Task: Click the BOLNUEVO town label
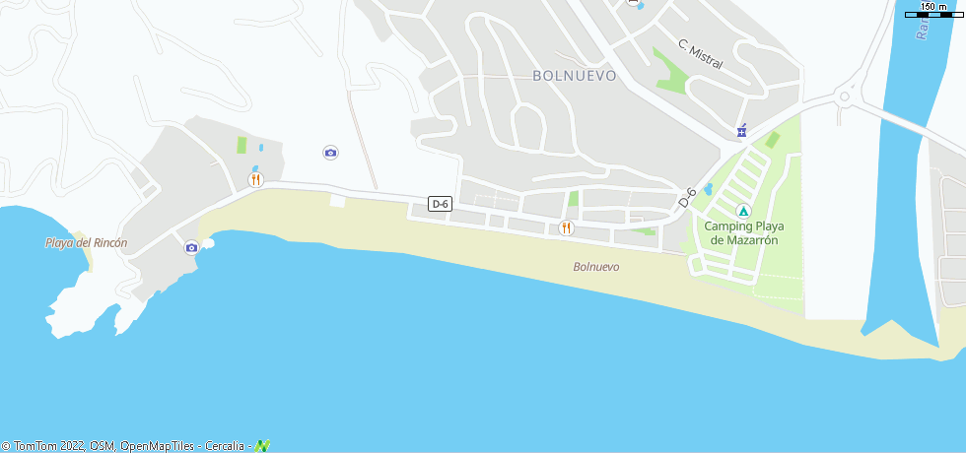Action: (574, 75)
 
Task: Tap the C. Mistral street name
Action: (700, 54)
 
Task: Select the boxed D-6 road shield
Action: (441, 204)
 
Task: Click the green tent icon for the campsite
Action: (743, 211)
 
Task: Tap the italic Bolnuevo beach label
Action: (596, 267)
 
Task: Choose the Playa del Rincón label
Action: (87, 243)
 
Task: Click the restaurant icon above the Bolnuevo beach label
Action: (566, 228)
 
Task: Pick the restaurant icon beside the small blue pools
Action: (255, 179)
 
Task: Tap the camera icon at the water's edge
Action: (191, 247)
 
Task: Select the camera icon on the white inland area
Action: (330, 152)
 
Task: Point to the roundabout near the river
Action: (846, 97)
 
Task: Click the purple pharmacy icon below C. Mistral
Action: (741, 131)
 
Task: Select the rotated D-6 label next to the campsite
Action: (687, 196)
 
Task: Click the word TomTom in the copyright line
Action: (33, 446)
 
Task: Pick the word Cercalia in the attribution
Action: (226, 446)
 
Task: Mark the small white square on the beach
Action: (338, 201)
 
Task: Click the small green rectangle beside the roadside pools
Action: (241, 146)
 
